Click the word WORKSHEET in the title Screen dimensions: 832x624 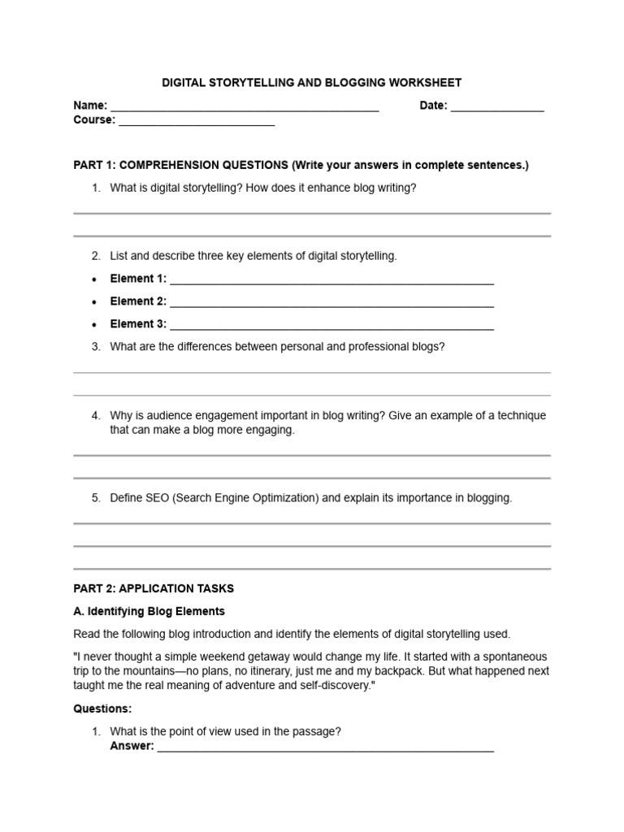pos(424,83)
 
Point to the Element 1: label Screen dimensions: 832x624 pos(138,278)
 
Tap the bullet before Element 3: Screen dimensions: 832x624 pos(95,324)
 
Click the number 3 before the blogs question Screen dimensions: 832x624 pos(95,347)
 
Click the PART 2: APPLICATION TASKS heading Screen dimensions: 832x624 pos(154,588)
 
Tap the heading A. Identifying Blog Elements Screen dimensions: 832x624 pos(149,611)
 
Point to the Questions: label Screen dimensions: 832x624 pos(102,708)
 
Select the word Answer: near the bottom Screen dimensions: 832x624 pos(132,746)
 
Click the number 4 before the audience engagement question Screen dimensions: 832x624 pos(95,415)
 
